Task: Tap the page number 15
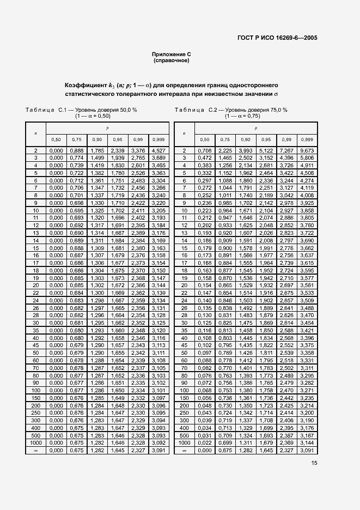coord(315,463)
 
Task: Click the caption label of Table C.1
coord(46,110)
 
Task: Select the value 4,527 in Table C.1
coord(158,150)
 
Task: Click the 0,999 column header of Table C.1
coord(158,139)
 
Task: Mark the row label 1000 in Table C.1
coord(36,444)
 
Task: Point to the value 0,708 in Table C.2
coord(204,150)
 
